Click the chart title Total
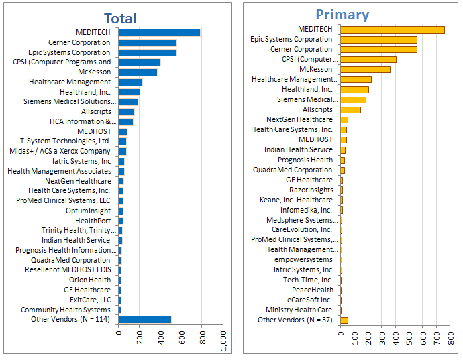coord(120,19)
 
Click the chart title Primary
coord(342,15)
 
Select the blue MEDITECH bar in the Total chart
coord(159,32)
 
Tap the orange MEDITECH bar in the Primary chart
coord(392,29)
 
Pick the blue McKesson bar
coord(138,72)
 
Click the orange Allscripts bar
coord(350,109)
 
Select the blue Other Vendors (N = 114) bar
coord(144,320)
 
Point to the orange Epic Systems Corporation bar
coord(378,39)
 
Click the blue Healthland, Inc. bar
coord(129,92)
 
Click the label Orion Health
coord(90,280)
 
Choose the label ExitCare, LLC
coord(90,300)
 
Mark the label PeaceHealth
coord(312,290)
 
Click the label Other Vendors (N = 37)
coord(295,320)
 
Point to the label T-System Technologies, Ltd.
coord(65,141)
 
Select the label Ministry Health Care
coord(299,310)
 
